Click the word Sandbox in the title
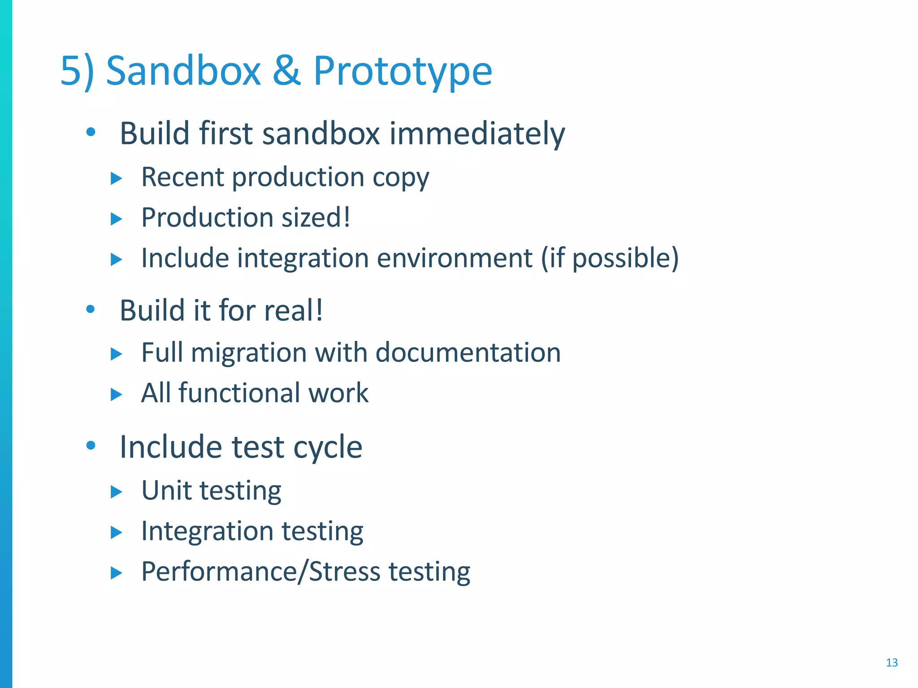(183, 71)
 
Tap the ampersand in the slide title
(286, 71)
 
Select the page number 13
(892, 662)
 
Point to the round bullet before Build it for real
(91, 309)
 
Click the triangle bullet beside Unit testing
(116, 492)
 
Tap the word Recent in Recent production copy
(182, 177)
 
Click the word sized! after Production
(316, 218)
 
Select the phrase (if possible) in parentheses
(610, 258)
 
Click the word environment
(455, 258)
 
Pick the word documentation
(468, 353)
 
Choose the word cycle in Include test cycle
(327, 447)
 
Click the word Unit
(166, 490)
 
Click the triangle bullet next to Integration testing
(116, 532)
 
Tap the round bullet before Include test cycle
(91, 446)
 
